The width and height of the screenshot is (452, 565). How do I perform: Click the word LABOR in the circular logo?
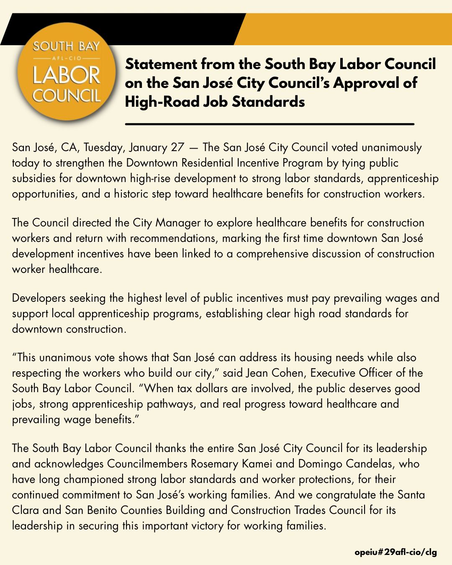click(67, 75)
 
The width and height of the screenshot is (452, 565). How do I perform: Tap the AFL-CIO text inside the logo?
click(67, 59)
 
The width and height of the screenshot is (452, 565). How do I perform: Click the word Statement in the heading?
click(161, 64)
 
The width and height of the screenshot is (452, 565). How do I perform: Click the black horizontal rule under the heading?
click(270, 124)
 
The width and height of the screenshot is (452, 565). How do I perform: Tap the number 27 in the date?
click(177, 147)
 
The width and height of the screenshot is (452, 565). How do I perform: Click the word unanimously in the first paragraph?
click(392, 147)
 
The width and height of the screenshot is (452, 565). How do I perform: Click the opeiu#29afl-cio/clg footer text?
click(395, 552)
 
